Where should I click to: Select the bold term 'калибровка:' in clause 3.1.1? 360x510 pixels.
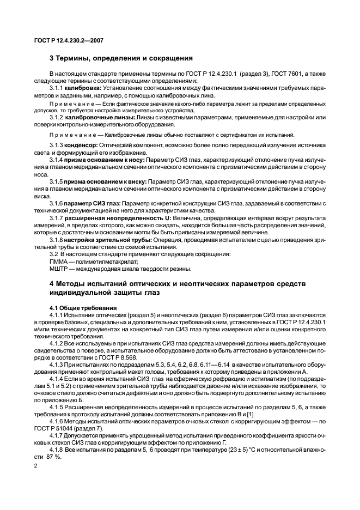84,88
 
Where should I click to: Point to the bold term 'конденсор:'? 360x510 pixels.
82,146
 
